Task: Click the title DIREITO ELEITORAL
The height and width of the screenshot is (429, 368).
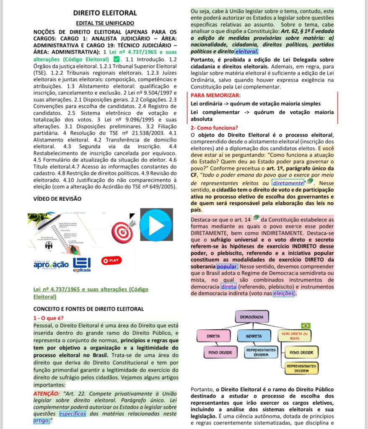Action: tap(105, 13)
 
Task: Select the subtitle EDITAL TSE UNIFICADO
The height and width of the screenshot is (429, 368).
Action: tap(105, 23)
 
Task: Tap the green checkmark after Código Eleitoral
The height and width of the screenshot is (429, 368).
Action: tap(117, 59)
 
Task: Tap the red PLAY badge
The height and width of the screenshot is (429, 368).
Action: tap(111, 260)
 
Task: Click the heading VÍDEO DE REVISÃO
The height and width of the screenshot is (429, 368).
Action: tap(57, 199)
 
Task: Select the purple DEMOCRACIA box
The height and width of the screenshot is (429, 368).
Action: tap(251, 316)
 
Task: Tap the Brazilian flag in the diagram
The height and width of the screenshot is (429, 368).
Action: tap(306, 326)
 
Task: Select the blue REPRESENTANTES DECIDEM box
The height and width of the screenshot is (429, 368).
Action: tap(261, 352)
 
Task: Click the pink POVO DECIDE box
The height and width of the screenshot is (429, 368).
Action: tap(220, 353)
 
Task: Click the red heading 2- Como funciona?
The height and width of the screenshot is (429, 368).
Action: tap(214, 128)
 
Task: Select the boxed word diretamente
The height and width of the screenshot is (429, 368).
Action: tap(287, 183)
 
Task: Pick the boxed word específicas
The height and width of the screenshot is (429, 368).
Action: tap(73, 413)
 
